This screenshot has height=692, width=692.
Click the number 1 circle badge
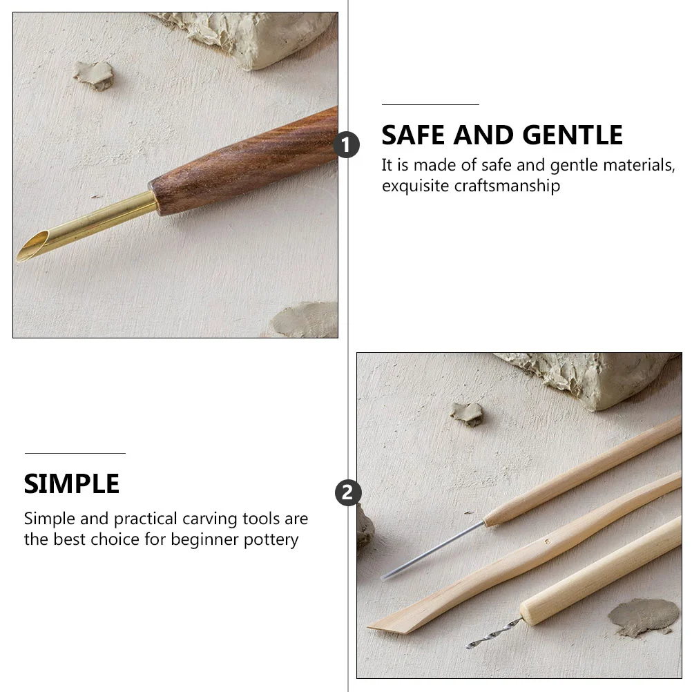[x=347, y=145]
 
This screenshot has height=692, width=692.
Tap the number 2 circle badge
[x=348, y=492]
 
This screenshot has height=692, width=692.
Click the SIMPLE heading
[x=72, y=483]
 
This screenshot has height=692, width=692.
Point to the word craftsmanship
[x=507, y=186]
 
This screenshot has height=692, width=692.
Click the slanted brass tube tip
[x=32, y=247]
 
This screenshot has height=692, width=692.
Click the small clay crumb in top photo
[x=93, y=75]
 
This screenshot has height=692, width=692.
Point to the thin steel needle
[x=433, y=550]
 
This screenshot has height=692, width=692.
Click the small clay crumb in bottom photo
[x=466, y=414]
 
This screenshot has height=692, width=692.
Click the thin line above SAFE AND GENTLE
[x=430, y=104]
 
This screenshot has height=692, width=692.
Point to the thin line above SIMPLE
[x=75, y=453]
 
